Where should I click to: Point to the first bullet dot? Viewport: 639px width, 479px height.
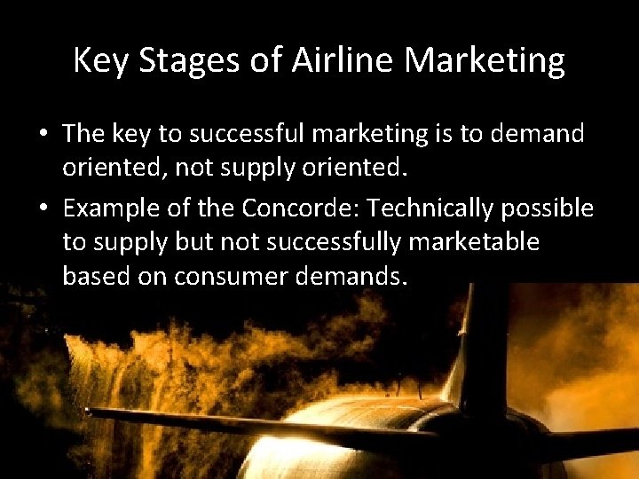pyautogui.click(x=43, y=135)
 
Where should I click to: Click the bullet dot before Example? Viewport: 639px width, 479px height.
pyautogui.click(x=43, y=209)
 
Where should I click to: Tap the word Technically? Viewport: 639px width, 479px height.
pyautogui.click(x=431, y=209)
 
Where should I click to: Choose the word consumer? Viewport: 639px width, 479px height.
pyautogui.click(x=234, y=276)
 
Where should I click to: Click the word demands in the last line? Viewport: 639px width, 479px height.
pyautogui.click(x=353, y=276)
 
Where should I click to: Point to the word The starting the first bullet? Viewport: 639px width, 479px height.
pyautogui.click(x=84, y=134)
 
